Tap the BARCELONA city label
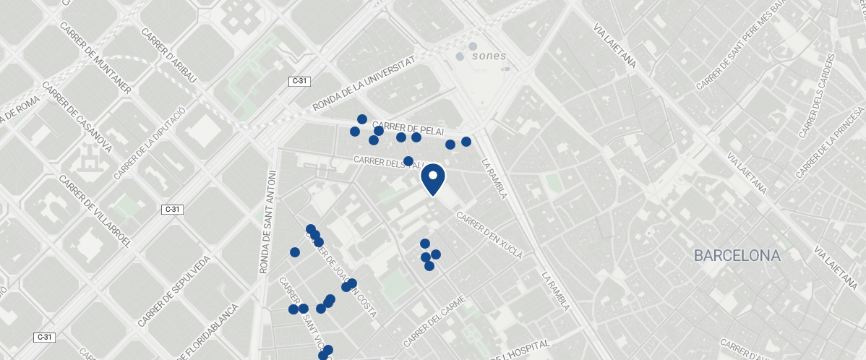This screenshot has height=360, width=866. click(737, 255)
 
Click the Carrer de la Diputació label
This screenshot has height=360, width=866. click(150, 142)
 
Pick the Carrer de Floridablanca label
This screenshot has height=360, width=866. click(206, 321)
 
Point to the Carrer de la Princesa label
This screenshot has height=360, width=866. click(831, 143)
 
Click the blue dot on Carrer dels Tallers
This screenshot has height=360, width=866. click(408, 160)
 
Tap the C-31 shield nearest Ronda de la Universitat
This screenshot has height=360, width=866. click(299, 82)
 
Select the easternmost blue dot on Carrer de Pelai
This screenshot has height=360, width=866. click(466, 141)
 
